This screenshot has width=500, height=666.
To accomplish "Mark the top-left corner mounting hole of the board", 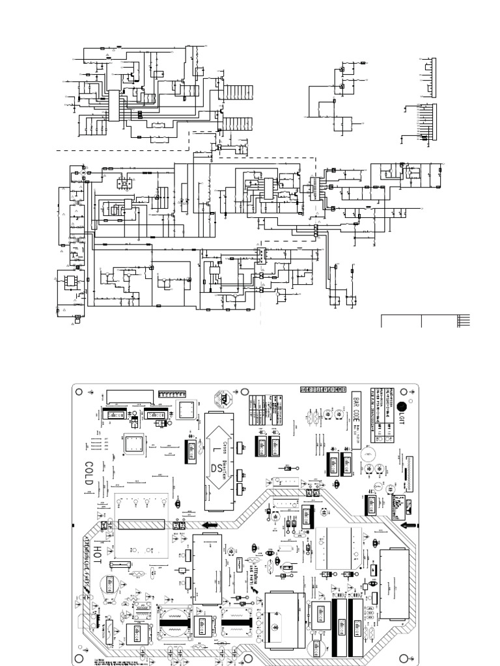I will pyautogui.click(x=79, y=392).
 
